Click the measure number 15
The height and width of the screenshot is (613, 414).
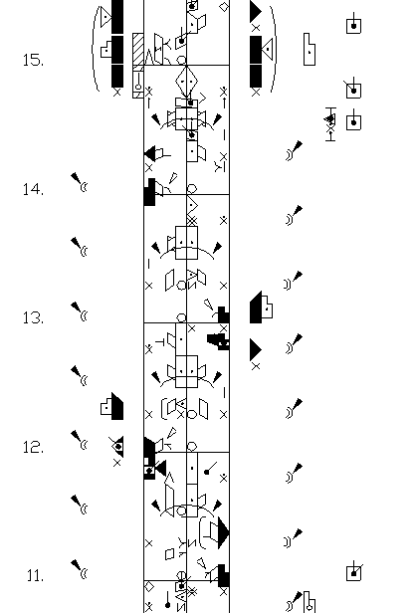pyautogui.click(x=33, y=60)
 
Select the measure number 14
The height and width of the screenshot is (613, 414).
pyautogui.click(x=33, y=189)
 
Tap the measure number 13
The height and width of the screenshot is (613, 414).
pyautogui.click(x=33, y=317)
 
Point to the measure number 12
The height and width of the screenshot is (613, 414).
pyautogui.click(x=33, y=447)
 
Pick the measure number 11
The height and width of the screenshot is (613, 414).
pyautogui.click(x=35, y=575)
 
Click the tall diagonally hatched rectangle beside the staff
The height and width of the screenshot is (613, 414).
pyautogui.click(x=138, y=50)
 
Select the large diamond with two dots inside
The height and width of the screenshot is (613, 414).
pyautogui.click(x=186, y=82)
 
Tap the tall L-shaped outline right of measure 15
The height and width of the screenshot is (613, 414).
pyautogui.click(x=310, y=50)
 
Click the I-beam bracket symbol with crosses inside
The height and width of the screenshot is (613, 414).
pyautogui.click(x=330, y=124)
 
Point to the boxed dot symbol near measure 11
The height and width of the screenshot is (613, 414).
pyautogui.click(x=354, y=573)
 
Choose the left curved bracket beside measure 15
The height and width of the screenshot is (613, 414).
pyautogui.click(x=95, y=49)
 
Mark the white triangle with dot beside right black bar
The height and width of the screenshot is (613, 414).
pyautogui.click(x=268, y=50)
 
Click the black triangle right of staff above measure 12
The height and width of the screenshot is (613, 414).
pyautogui.click(x=256, y=349)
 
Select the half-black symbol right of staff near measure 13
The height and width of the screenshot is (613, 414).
pyautogui.click(x=261, y=307)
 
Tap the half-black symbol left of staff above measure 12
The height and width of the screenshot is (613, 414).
pyautogui.click(x=111, y=406)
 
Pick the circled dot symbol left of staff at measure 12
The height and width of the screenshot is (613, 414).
pyautogui.click(x=117, y=447)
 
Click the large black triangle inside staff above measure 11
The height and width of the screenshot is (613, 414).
pyautogui.click(x=223, y=533)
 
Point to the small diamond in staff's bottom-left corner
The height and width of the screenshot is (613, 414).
pyautogui.click(x=149, y=587)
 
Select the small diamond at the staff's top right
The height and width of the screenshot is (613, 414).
pyautogui.click(x=224, y=7)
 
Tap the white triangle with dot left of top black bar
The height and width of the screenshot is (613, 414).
pyautogui.click(x=105, y=17)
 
